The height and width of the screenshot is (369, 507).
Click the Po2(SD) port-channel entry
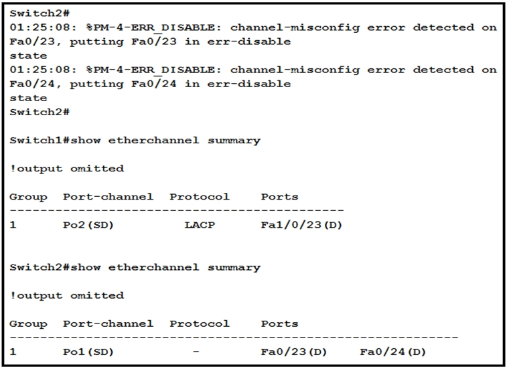click(x=88, y=225)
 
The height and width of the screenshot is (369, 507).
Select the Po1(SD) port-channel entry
click(x=88, y=352)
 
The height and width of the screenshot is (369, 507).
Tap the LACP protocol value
click(x=200, y=225)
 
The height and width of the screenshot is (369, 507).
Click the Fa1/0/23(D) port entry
click(x=301, y=225)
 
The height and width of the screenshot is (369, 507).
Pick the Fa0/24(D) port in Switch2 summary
click(x=392, y=352)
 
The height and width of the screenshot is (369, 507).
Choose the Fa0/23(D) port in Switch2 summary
click(x=293, y=352)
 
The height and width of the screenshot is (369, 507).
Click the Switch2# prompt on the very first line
click(x=40, y=13)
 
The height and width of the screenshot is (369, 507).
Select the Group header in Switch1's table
click(x=28, y=197)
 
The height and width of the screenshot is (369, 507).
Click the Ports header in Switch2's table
click(x=279, y=323)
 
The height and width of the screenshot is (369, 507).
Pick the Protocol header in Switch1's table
click(x=199, y=197)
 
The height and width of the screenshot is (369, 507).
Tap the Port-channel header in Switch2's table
click(x=108, y=323)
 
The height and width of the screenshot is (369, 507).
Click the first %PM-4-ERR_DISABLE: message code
click(x=145, y=27)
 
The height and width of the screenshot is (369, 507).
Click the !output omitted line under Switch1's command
click(x=66, y=169)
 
